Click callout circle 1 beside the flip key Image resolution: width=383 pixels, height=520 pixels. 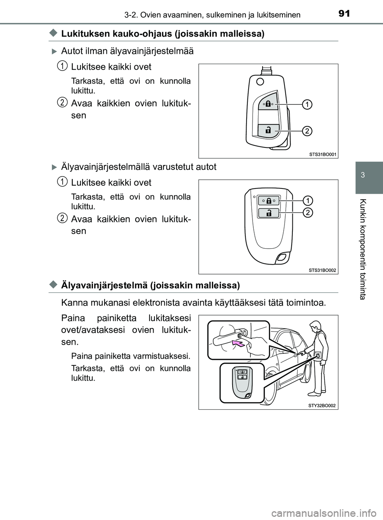(x=306, y=104)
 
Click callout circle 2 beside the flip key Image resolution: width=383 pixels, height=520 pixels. (x=306, y=130)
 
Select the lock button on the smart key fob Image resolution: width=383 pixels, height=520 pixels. (x=268, y=201)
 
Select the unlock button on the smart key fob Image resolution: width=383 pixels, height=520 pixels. (x=268, y=213)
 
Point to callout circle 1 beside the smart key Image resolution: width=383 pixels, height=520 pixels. (x=308, y=199)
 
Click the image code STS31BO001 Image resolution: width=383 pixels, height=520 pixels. (x=322, y=154)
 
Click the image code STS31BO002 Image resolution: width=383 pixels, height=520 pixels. (x=322, y=270)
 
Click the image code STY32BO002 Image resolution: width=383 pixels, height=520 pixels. (x=322, y=405)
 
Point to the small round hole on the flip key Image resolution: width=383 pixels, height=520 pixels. (x=260, y=82)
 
